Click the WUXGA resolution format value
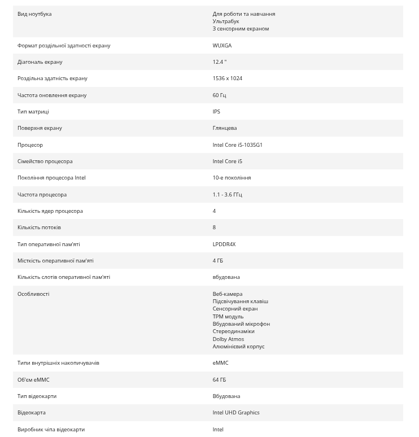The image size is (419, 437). pos(222,45)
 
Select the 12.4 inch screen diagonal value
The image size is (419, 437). pos(219,62)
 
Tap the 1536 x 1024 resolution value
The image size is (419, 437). pos(227,78)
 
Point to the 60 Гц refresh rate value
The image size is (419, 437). pos(219,95)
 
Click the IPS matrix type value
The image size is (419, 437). pos(216,111)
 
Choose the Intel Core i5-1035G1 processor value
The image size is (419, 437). pos(237,145)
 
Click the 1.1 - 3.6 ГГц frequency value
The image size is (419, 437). pos(227,194)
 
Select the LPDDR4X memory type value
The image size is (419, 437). pos(224,244)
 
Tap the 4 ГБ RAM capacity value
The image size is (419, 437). pos(217,260)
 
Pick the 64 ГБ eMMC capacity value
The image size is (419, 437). pos(219,379)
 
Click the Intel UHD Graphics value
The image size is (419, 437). pos(236,412)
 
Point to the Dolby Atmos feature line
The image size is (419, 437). pos(228,339)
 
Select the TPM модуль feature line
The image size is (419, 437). pos(228,316)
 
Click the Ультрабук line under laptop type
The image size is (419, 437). pos(226,21)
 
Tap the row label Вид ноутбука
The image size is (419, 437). pos(34,14)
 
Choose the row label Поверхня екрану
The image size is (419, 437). pos(40,128)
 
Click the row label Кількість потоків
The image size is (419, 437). pos(39,227)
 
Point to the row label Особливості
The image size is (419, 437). pos(33,294)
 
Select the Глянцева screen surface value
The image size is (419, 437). pos(225,128)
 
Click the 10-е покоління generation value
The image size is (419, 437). pos(232,177)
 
